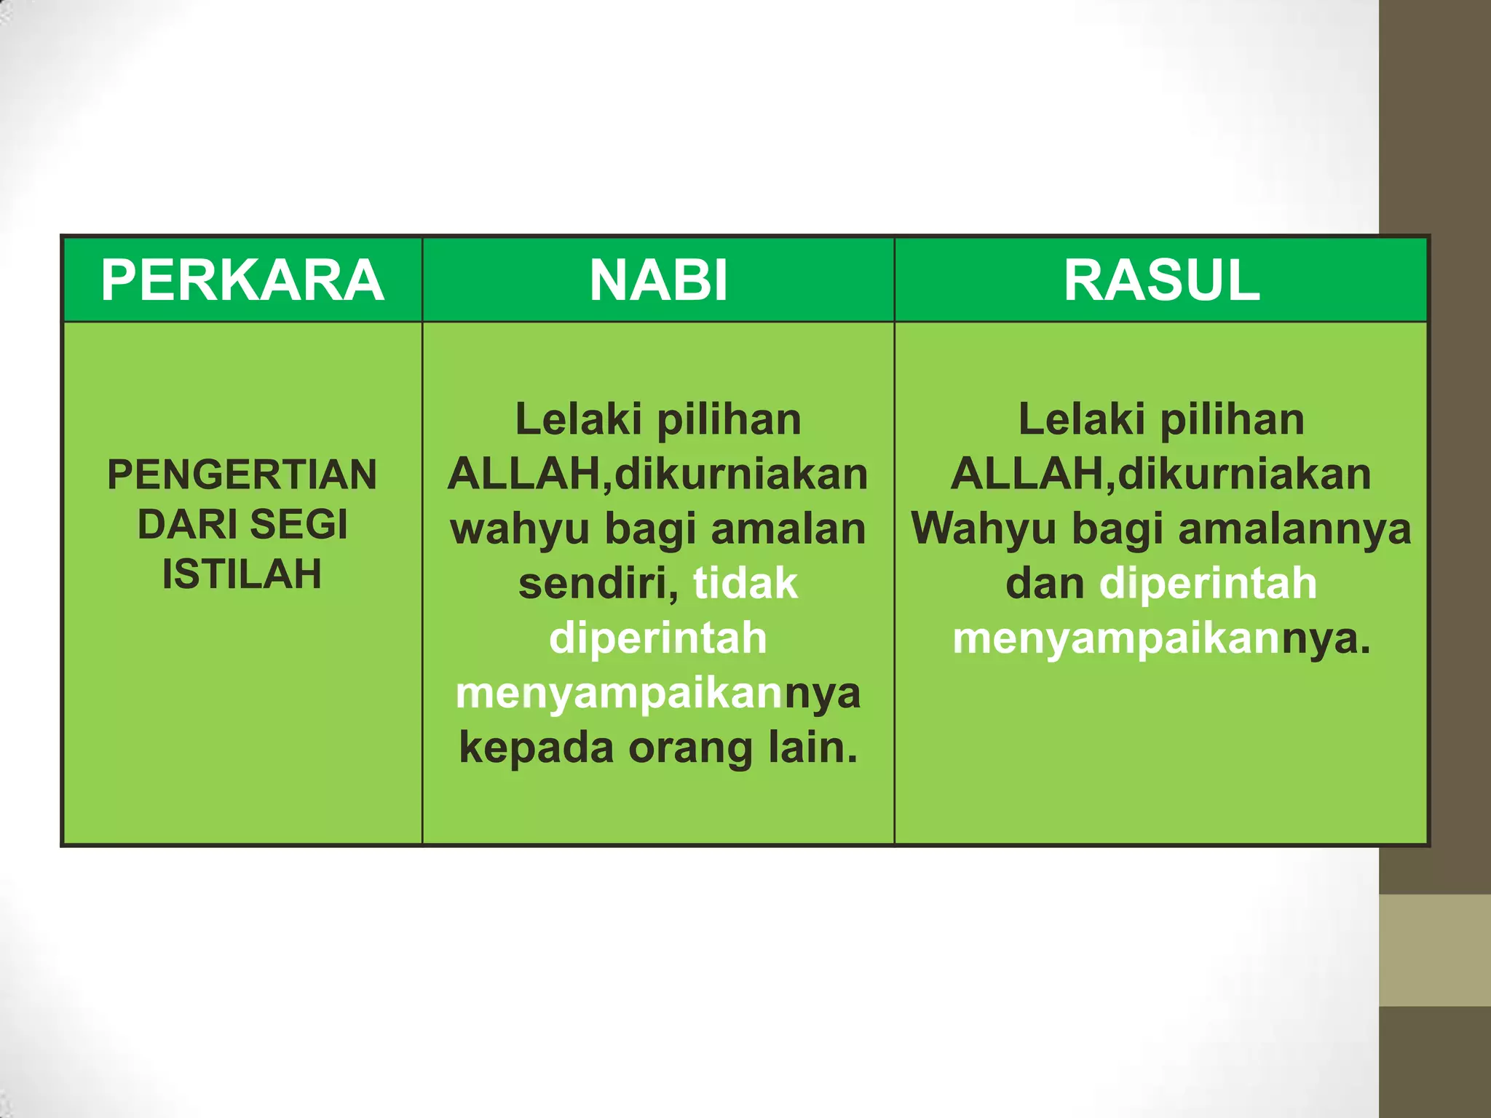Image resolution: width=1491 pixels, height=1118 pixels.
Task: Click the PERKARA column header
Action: point(242,280)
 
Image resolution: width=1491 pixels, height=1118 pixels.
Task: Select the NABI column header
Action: point(658,280)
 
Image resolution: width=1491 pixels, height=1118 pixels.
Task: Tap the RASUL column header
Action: point(1161,280)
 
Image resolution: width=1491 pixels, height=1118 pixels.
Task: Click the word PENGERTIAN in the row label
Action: point(242,475)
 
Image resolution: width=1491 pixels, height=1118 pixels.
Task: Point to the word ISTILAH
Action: point(242,574)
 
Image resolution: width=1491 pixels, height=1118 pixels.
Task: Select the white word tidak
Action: point(745,583)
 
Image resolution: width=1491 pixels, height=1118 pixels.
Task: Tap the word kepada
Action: point(536,748)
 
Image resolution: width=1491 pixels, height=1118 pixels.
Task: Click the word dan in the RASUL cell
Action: point(1045,583)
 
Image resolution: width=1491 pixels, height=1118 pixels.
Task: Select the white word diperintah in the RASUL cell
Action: point(1208,583)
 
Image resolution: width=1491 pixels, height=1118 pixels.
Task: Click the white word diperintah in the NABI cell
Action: point(658,638)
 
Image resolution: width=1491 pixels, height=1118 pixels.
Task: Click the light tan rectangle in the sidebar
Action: point(1435,951)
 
